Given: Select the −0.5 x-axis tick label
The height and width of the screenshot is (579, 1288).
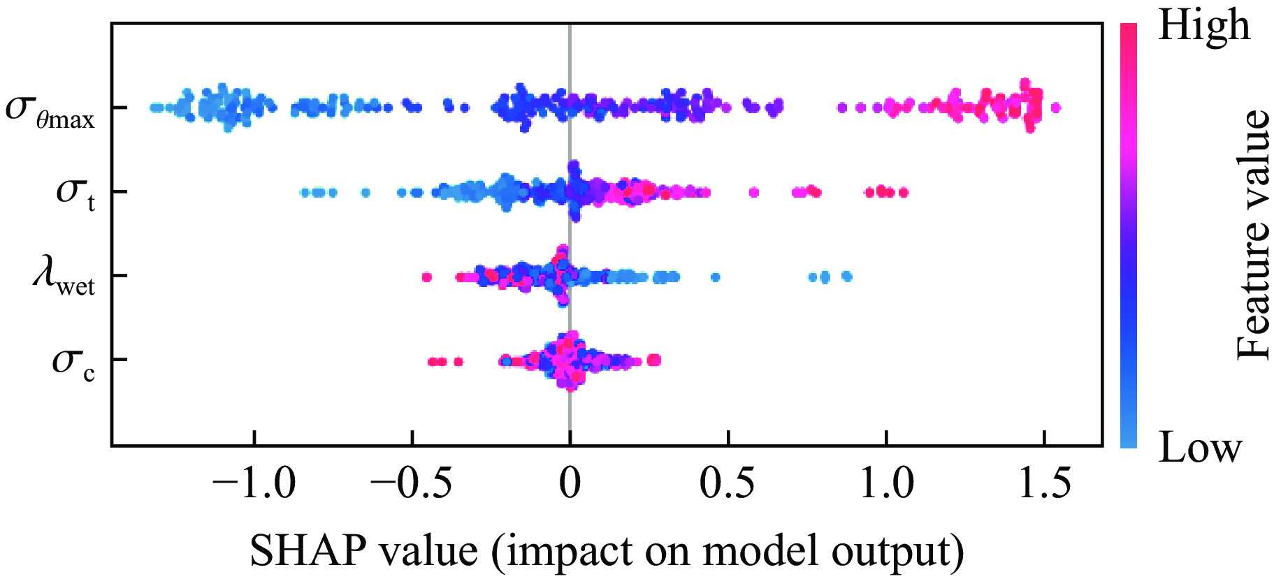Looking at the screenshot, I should (x=412, y=483).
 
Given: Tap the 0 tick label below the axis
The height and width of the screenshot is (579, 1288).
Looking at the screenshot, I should (x=570, y=483).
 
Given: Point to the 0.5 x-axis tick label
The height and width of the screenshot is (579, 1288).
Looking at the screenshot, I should (x=728, y=483).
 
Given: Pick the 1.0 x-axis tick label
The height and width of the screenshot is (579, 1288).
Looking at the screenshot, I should (x=885, y=483).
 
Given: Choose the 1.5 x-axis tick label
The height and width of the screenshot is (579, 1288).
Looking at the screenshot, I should (x=1044, y=483).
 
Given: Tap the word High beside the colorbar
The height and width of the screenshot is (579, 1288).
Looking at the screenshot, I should (x=1203, y=27).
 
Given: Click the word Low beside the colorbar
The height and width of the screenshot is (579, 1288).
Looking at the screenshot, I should (x=1200, y=447).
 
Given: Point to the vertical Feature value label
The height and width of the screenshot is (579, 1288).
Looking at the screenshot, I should (x=1253, y=235).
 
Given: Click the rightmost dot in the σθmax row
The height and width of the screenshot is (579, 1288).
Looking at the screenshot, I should (x=1055, y=108).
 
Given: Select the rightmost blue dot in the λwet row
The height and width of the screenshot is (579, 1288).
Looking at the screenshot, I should (x=847, y=276).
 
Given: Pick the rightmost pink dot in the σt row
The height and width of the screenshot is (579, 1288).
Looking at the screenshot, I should (x=904, y=192).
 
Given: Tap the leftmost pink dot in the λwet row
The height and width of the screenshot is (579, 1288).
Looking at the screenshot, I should (x=427, y=277).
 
